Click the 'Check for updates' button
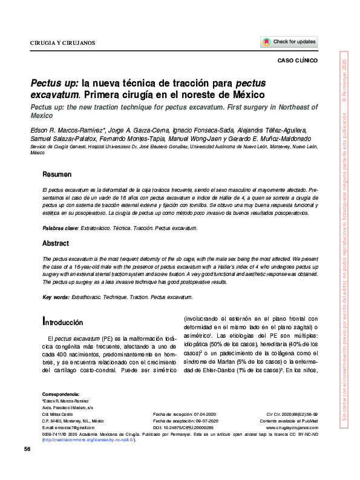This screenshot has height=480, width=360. (x=289, y=42)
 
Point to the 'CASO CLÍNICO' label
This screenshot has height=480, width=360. (x=297, y=61)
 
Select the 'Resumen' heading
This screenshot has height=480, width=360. (x=57, y=175)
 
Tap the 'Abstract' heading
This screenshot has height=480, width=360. (x=55, y=243)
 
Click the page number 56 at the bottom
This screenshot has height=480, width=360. (x=27, y=449)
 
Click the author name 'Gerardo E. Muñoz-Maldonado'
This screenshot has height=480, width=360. (x=271, y=138)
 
